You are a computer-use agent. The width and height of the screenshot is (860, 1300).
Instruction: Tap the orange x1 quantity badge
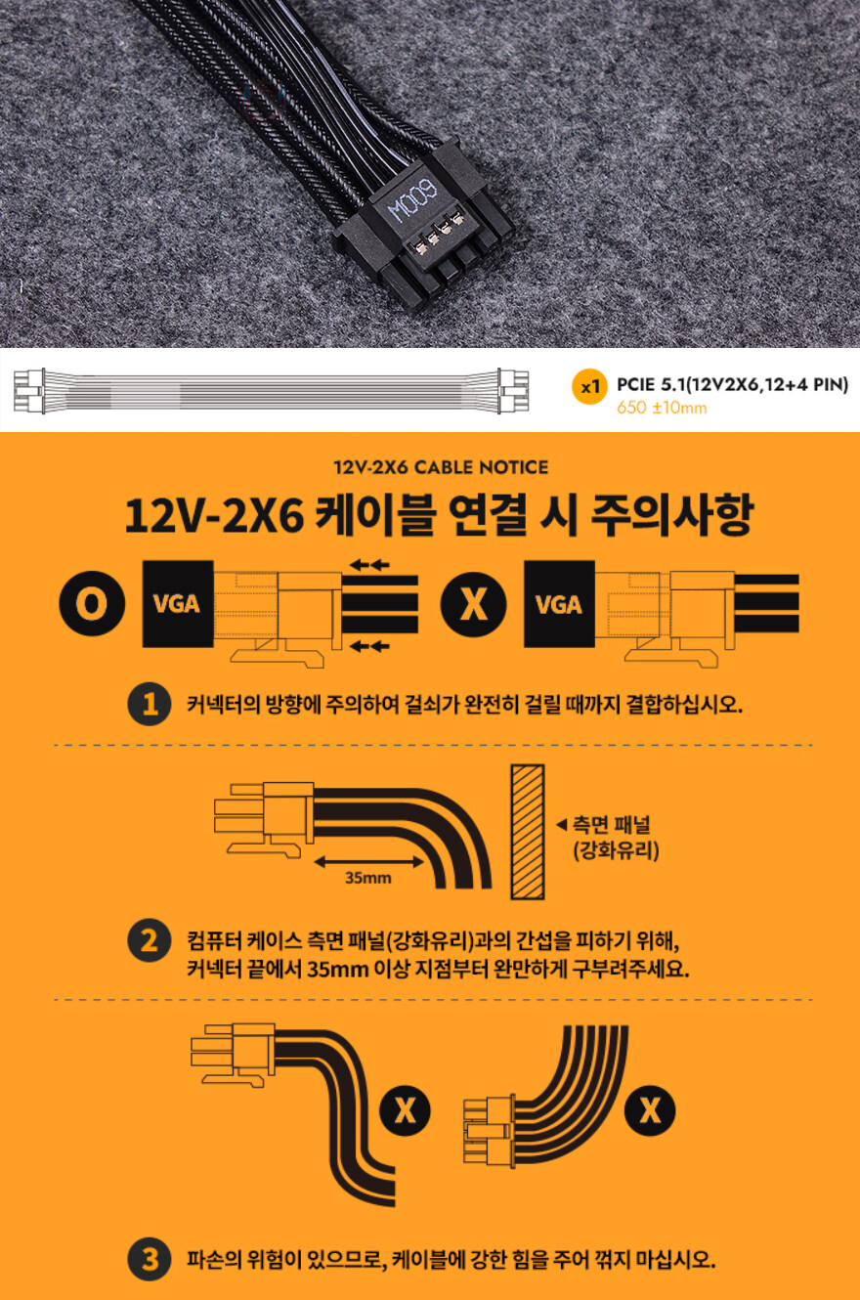click(587, 387)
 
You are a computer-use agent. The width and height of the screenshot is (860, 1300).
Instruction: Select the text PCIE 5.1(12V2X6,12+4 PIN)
click(732, 385)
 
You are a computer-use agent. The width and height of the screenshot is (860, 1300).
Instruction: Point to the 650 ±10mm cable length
click(662, 408)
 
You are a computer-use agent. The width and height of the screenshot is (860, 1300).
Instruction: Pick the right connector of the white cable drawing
click(512, 389)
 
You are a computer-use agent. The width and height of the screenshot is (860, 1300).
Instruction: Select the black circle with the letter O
click(91, 604)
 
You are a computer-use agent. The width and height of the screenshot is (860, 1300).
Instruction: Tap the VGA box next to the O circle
click(177, 604)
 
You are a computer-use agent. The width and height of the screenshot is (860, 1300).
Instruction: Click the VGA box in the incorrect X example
click(559, 604)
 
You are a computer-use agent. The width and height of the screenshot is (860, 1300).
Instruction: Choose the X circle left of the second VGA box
click(473, 604)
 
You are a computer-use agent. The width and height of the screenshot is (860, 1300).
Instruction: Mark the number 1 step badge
click(150, 705)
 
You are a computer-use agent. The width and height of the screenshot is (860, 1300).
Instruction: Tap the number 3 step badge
click(150, 1259)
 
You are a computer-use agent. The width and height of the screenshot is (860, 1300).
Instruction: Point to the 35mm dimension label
click(367, 877)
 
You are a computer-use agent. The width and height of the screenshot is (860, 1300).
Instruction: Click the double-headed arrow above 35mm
click(367, 861)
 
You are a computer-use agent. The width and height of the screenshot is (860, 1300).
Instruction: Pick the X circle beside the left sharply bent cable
click(406, 1110)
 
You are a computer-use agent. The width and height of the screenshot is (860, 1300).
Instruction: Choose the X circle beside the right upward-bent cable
click(649, 1110)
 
